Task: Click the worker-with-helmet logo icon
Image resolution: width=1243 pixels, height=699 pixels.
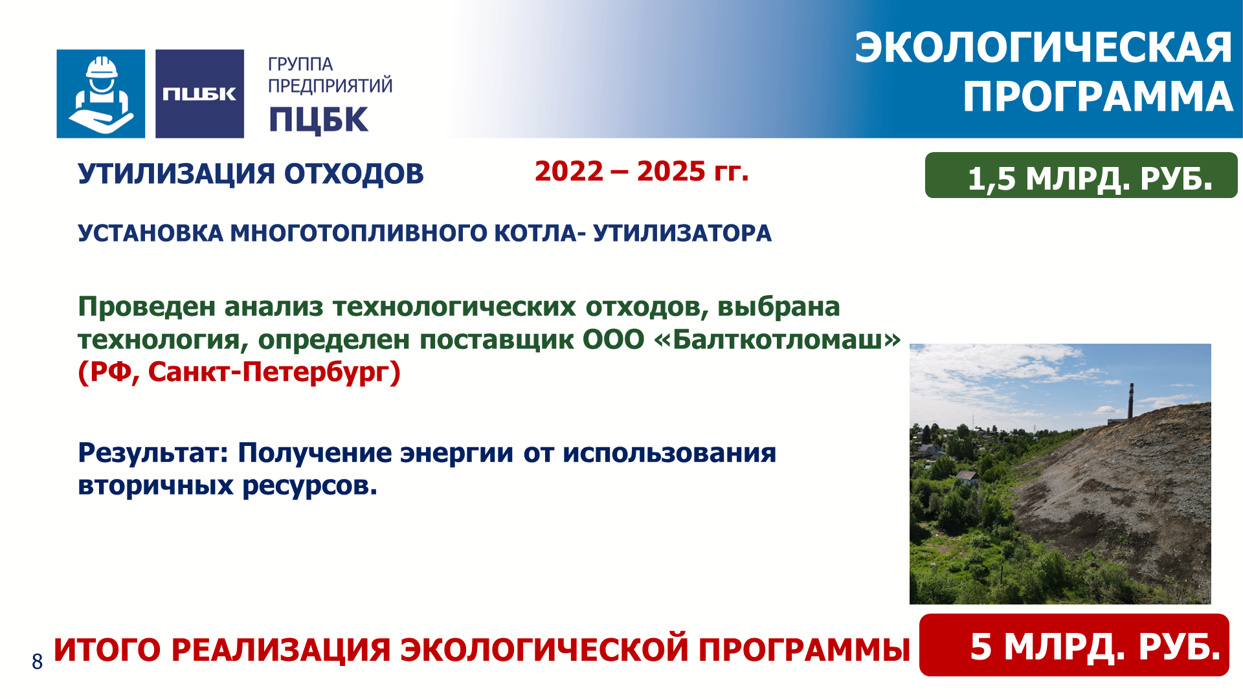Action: tap(101, 94)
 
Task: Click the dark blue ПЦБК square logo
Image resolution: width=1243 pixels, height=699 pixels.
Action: tap(199, 94)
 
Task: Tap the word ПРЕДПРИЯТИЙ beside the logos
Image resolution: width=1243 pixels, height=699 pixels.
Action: tap(330, 85)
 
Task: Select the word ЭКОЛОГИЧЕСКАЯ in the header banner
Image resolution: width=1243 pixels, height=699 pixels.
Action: tap(1044, 47)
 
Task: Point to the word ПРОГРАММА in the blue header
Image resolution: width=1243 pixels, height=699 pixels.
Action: tap(1098, 96)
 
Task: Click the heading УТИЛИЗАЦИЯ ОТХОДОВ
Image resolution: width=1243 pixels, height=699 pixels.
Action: tap(251, 173)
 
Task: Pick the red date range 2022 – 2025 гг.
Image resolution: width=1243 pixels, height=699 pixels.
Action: tap(642, 172)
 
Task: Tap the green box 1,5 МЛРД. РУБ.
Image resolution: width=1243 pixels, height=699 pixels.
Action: tap(1081, 175)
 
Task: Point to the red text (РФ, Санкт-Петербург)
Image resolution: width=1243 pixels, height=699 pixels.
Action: tap(240, 372)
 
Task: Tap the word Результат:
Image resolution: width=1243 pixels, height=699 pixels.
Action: tap(153, 453)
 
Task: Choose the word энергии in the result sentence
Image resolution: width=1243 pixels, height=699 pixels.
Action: tap(457, 453)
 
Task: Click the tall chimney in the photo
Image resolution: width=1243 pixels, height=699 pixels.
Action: tap(1131, 401)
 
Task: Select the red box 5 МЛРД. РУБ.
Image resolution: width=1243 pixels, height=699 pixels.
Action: tap(1074, 645)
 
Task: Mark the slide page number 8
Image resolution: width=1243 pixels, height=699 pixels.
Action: tap(37, 661)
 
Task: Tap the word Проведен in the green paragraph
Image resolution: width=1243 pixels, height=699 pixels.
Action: tap(147, 307)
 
